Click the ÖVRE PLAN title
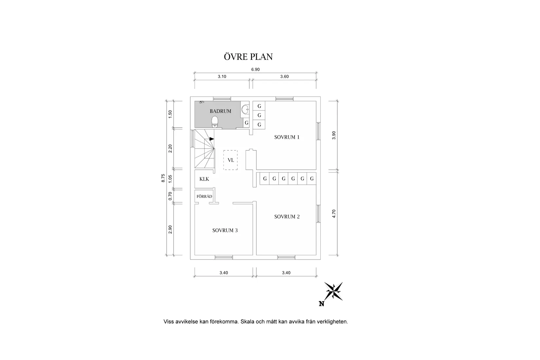[248, 57]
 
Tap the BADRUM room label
[220, 111]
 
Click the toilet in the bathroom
[215, 122]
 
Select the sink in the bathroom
[245, 109]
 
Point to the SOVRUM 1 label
[287, 137]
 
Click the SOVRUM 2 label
[287, 217]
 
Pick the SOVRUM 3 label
[225, 230]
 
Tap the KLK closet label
[204, 179]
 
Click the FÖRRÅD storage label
[204, 196]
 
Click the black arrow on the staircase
[212, 139]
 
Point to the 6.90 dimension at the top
[255, 69]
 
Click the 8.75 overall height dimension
[163, 178]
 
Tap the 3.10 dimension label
[222, 77]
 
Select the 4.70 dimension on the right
[334, 214]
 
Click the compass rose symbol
[333, 291]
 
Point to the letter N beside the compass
[321, 304]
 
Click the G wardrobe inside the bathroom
[246, 123]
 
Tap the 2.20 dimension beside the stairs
[170, 149]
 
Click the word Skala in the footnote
[247, 321]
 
